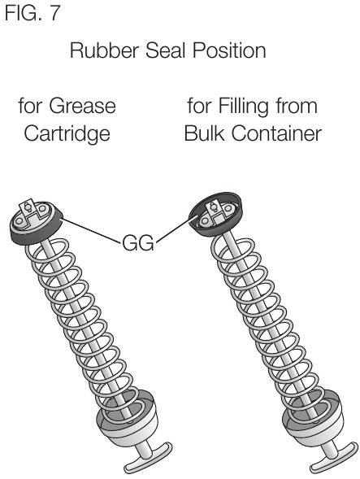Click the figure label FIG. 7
point(32,13)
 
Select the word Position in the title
point(229,50)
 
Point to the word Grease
point(82,106)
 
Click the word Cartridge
point(67,134)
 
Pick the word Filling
point(245,107)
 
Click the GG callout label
point(138,243)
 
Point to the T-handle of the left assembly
point(147,458)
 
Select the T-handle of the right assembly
point(333,458)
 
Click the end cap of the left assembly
point(128,419)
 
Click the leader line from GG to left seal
point(91,231)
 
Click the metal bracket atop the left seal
point(32,211)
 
